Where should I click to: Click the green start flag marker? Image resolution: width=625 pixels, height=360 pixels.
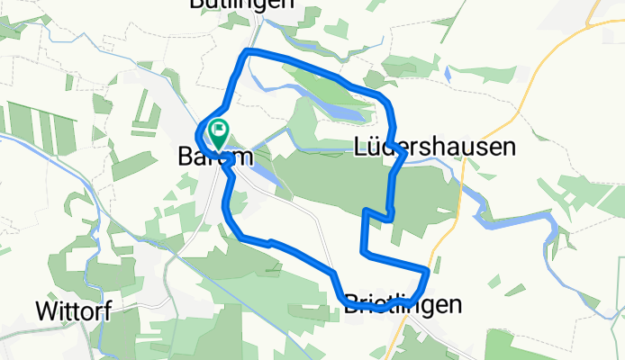click(x=218, y=133)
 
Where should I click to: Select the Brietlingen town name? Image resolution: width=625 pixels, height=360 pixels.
click(x=403, y=305)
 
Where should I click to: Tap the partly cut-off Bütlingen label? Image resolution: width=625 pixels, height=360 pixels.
click(x=241, y=4)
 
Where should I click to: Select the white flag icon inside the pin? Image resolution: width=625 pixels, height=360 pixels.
click(x=218, y=130)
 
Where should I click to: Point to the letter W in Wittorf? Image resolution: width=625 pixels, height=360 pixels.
click(x=46, y=311)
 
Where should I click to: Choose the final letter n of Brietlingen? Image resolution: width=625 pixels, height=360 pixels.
click(x=456, y=305)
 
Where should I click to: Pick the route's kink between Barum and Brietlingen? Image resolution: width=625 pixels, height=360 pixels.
click(x=268, y=241)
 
